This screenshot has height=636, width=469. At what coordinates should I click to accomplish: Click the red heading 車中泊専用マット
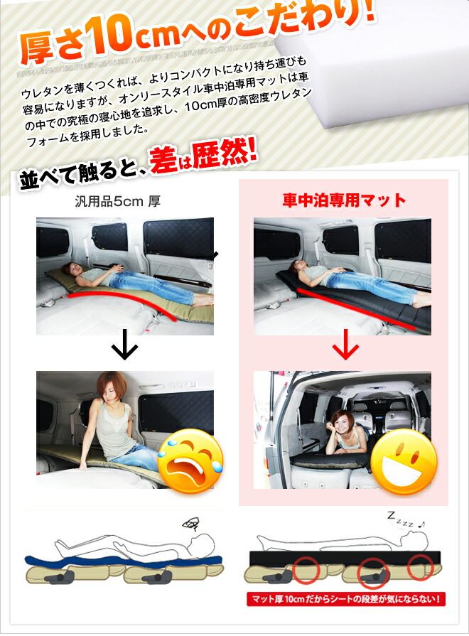click(344, 200)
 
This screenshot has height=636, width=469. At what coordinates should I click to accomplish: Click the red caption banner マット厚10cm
click(345, 598)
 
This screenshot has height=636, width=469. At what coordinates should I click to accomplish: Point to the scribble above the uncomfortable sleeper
click(190, 525)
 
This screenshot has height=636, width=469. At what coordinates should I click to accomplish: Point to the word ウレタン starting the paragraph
click(43, 93)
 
